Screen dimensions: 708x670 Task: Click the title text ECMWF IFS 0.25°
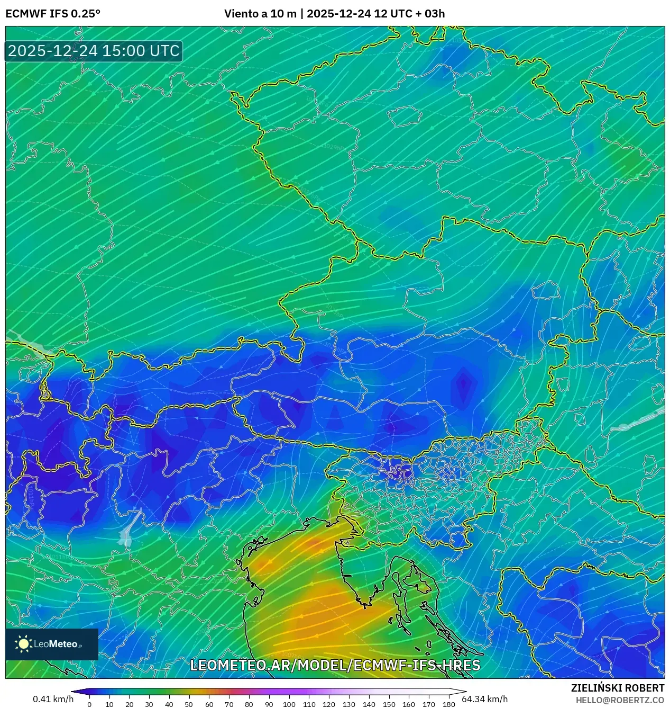53,14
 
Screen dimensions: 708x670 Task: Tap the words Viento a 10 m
260,14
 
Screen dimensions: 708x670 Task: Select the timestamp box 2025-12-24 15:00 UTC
94,51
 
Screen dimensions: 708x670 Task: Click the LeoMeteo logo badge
52,644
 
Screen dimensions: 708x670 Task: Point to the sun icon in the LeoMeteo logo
23,643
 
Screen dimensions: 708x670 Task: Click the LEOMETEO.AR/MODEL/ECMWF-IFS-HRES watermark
335,665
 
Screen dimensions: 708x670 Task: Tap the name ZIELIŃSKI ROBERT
617,688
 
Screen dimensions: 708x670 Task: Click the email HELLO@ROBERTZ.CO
620,700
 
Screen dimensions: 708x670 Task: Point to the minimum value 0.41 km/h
53,699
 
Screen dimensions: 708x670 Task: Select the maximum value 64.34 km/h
484,699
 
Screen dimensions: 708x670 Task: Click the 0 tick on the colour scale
89,704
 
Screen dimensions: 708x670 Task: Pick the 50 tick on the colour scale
189,704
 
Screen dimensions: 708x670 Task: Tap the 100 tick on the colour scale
289,704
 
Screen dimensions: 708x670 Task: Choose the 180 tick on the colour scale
448,704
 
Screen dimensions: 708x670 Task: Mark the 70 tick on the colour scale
229,704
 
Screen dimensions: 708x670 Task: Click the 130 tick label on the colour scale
348,704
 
